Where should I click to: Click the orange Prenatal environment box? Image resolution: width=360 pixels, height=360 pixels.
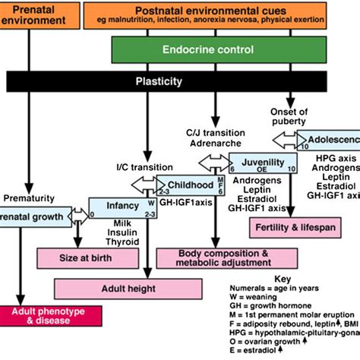point(38,16)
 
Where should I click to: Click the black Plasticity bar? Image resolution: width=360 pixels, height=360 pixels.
point(179,81)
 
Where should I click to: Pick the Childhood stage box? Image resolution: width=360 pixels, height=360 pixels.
point(187,185)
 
